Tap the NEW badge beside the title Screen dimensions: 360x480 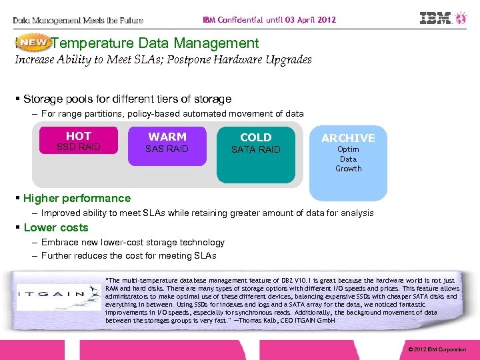(x=33, y=43)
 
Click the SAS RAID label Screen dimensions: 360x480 (x=167, y=149)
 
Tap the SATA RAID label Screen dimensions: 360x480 (x=255, y=150)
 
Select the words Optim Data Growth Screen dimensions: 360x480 (x=348, y=159)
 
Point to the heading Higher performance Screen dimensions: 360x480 (x=77, y=198)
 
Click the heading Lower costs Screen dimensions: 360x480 (x=55, y=227)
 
